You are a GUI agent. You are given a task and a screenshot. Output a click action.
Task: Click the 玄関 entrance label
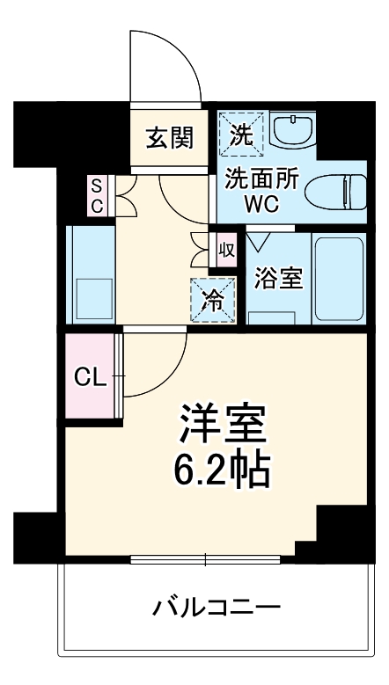[x=170, y=139]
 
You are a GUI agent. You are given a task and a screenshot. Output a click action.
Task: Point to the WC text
[x=261, y=201]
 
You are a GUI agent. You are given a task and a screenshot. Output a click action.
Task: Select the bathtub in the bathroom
[x=338, y=279]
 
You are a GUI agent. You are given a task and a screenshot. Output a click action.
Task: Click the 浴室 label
[x=279, y=279]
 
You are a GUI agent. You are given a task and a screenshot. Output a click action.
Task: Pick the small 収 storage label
[x=225, y=249]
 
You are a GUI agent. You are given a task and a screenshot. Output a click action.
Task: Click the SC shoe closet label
[x=97, y=195]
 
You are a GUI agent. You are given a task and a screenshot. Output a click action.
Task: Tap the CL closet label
[x=90, y=378]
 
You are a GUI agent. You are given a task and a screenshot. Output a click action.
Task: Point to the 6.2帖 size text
[x=220, y=472]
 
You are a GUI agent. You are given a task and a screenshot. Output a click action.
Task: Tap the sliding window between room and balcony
[x=206, y=558]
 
